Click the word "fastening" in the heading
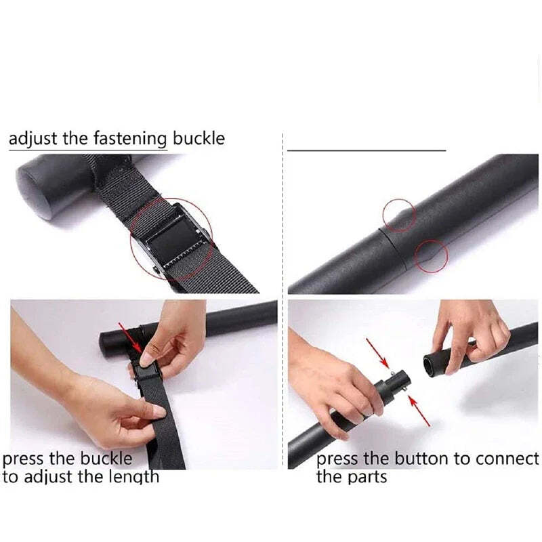pos(130,139)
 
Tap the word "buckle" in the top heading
pos(199,138)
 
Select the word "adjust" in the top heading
pos(33,139)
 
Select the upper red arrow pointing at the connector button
pos(377,352)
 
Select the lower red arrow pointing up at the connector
pos(419,411)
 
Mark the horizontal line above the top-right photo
pos(367,150)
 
